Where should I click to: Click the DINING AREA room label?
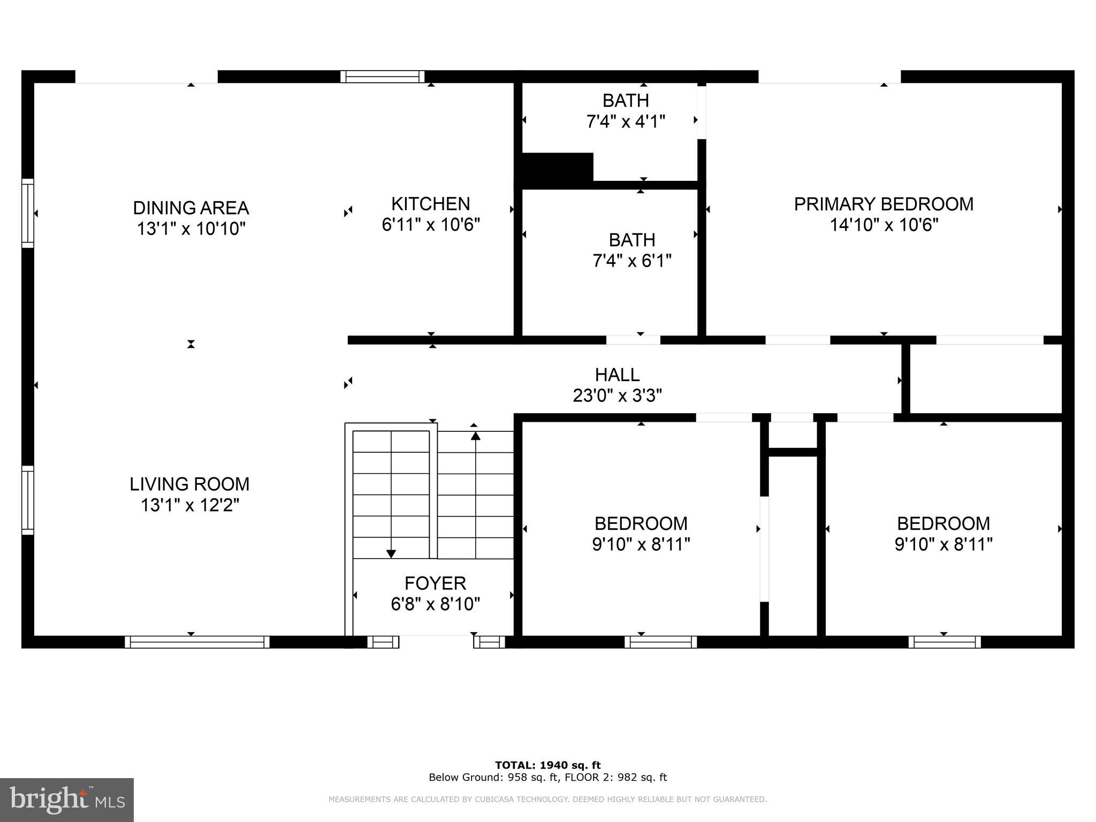pyautogui.click(x=191, y=208)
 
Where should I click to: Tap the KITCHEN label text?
pyautogui.click(x=430, y=204)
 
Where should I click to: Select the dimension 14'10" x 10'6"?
pyautogui.click(x=884, y=225)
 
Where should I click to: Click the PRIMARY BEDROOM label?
pyautogui.click(x=884, y=204)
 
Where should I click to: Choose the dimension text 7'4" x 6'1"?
pyautogui.click(x=631, y=261)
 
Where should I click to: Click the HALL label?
pyautogui.click(x=617, y=375)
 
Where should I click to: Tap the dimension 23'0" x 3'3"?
pyautogui.click(x=617, y=396)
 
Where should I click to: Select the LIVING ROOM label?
pyautogui.click(x=189, y=484)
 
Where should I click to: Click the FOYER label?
pyautogui.click(x=435, y=583)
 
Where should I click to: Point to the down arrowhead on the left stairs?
pyautogui.click(x=391, y=553)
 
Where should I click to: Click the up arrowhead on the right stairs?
pyautogui.click(x=475, y=436)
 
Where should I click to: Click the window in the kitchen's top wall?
pyautogui.click(x=382, y=77)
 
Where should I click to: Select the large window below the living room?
pyautogui.click(x=197, y=642)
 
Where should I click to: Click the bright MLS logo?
pyautogui.click(x=66, y=800)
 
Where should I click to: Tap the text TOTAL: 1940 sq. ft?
pyautogui.click(x=547, y=765)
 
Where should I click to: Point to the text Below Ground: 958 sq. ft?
pyautogui.click(x=492, y=778)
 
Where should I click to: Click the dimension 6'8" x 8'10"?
pyautogui.click(x=435, y=604)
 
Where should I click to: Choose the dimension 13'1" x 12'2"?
pyautogui.click(x=189, y=505)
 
